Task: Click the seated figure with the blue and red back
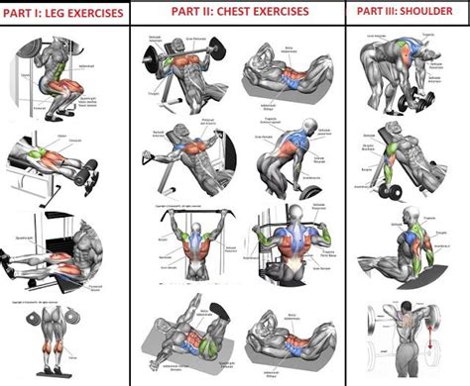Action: (407, 242)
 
